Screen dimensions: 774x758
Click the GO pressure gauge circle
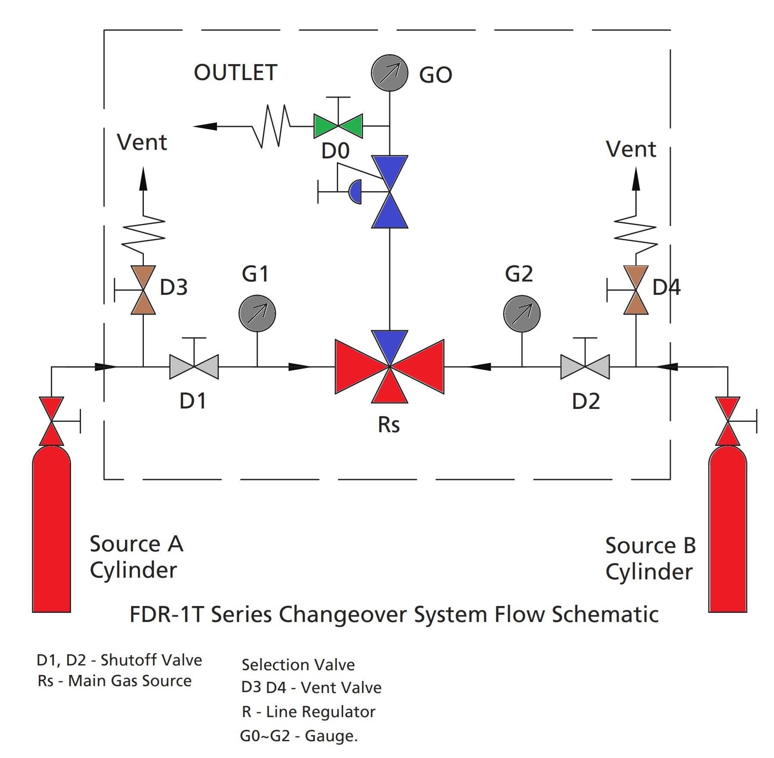(x=389, y=73)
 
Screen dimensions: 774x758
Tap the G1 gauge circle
(x=257, y=313)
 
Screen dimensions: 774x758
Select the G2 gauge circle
(x=522, y=313)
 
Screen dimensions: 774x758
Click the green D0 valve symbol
(x=338, y=126)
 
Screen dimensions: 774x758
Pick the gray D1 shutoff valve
(x=194, y=367)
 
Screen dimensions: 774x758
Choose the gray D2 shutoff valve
(x=585, y=367)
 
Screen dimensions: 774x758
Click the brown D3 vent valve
(x=143, y=290)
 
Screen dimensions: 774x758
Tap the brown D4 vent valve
(x=636, y=290)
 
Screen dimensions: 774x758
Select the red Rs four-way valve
(x=389, y=367)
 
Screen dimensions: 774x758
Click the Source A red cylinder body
(x=51, y=529)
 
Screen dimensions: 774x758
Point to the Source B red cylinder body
(x=727, y=529)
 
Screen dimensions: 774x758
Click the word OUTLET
(x=235, y=72)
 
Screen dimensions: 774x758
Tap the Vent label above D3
(x=142, y=142)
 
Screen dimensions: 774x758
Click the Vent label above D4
(x=631, y=149)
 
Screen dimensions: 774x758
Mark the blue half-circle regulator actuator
(x=355, y=192)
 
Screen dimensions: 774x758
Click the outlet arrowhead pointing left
(x=205, y=126)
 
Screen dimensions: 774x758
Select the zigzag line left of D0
(x=271, y=126)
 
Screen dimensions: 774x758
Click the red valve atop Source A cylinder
(x=51, y=421)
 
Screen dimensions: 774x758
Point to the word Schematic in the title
(x=605, y=614)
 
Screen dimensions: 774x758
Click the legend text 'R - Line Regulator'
(x=308, y=712)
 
